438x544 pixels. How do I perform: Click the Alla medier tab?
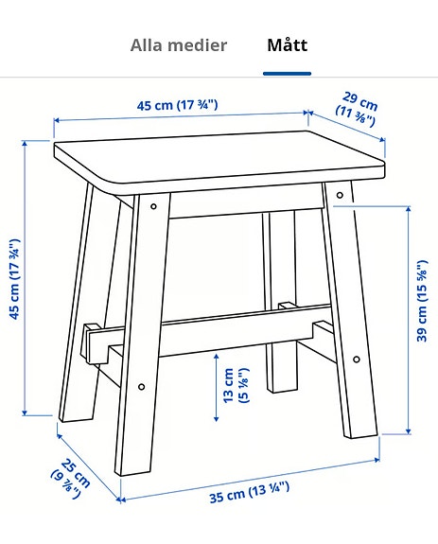179,45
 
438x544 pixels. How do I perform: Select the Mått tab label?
287,45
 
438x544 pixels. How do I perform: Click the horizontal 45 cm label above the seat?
178,105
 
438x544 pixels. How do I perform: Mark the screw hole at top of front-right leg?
338,196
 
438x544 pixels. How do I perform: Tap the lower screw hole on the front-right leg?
356,360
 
